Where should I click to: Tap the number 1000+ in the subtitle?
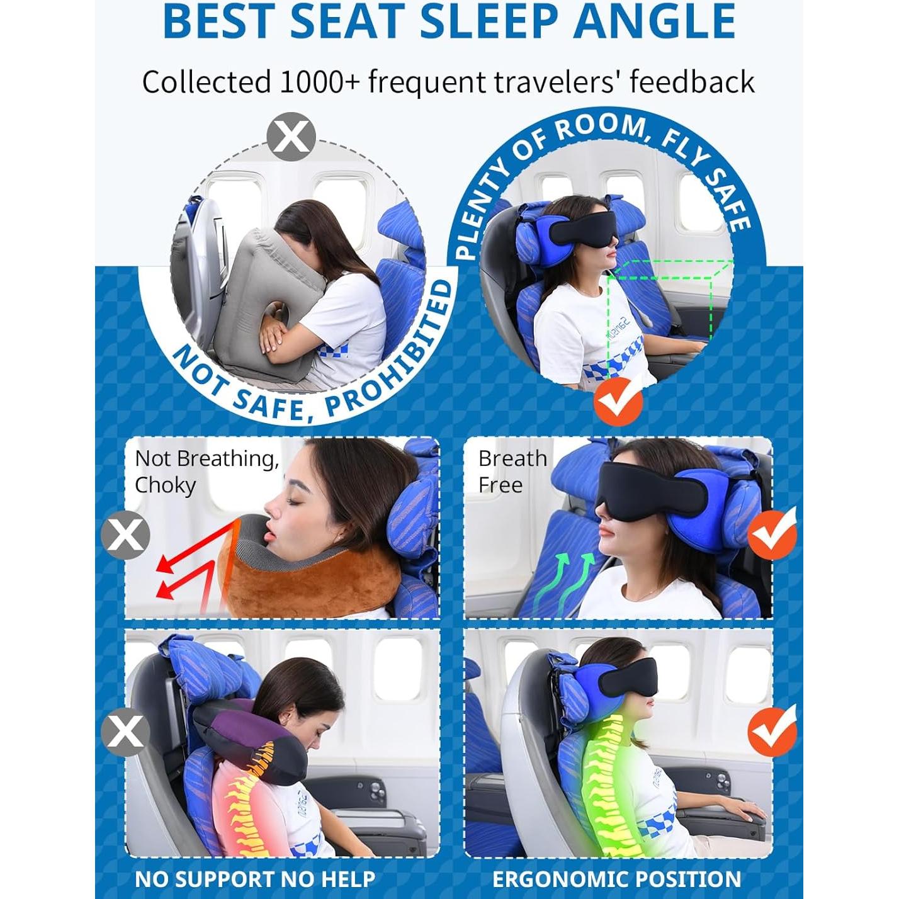point(319,82)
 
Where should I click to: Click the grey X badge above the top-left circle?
point(291,136)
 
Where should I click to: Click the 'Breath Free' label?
point(512,472)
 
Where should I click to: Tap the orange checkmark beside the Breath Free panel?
point(772,534)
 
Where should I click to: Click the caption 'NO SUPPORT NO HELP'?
point(255,879)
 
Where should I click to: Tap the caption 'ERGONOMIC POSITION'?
point(616,879)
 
